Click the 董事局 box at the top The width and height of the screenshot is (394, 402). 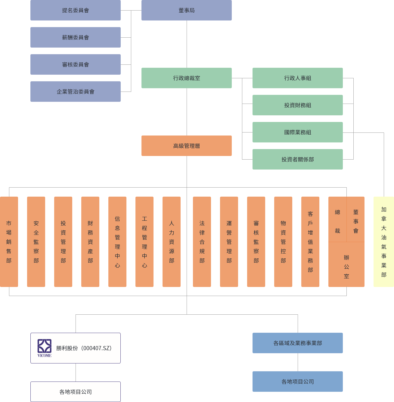pos(186,10)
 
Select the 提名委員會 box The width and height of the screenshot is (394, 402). pos(75,10)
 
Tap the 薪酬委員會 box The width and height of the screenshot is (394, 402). pos(75,37)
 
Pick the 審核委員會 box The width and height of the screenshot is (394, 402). pos(75,64)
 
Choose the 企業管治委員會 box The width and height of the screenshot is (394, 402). pos(75,92)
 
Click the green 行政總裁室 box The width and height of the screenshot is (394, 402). pos(186,78)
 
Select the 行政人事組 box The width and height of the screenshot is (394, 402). pos(297,78)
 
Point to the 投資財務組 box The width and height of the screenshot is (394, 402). pos(297,105)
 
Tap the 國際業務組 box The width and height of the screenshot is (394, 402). pos(297,132)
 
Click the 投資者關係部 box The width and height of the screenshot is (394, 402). pos(297,159)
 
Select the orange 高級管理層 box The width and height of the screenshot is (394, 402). pos(186,146)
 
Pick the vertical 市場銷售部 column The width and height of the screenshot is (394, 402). pos(9,242)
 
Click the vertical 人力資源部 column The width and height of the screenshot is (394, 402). pos(172,242)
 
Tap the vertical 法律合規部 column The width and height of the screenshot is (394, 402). pos(202,242)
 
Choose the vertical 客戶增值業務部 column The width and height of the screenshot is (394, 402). pos(310,242)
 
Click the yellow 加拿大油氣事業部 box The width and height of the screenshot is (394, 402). pos(383,242)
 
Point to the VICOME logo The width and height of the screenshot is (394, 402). pos(44,348)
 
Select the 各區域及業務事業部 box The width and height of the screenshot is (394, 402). pos(297,343)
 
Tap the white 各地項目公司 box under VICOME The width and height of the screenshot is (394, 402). pos(75,392)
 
